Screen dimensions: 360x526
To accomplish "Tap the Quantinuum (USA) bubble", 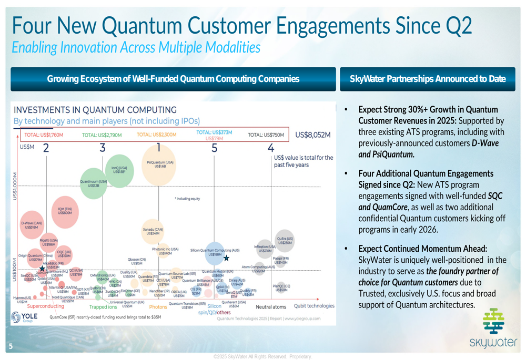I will pyautogui.click(x=94, y=185).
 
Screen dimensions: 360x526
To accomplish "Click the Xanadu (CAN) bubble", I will pyautogui.click(x=153, y=231).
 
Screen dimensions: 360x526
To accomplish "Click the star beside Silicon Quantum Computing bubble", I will pyautogui.click(x=226, y=258).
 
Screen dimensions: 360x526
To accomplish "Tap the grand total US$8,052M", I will pyautogui.click(x=313, y=135).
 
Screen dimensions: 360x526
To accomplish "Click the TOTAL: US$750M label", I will pyautogui.click(x=266, y=135).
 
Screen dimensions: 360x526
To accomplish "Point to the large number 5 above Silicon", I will pyautogui.click(x=214, y=148).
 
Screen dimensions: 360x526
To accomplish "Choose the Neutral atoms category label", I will pyautogui.click(x=271, y=306).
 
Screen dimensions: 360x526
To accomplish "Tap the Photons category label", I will pyautogui.click(x=158, y=306).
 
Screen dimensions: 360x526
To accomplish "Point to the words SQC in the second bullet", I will pyautogui.click(x=495, y=195).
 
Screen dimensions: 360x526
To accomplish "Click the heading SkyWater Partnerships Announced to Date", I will pyautogui.click(x=428, y=79).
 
